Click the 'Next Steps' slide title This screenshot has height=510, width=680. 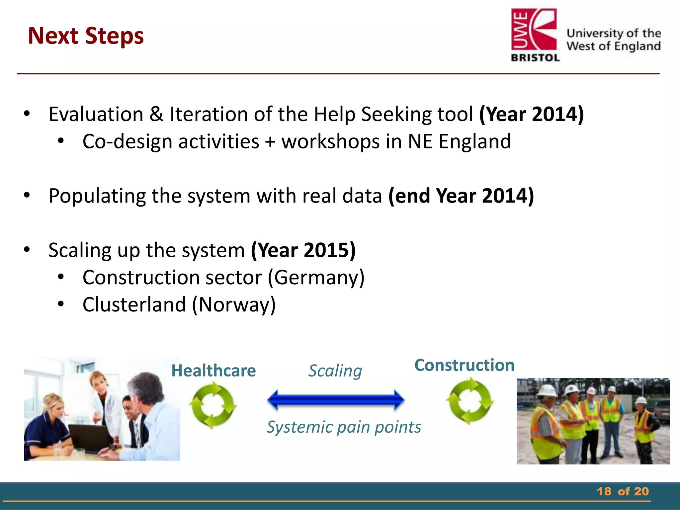coord(86,36)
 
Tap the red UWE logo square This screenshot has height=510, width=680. coord(534,30)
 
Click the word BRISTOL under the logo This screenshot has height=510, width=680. coord(535,58)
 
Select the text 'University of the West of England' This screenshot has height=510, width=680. coord(614,40)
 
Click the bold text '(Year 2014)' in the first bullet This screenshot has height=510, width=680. coord(531,114)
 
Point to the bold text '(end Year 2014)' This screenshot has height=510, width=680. coord(461,196)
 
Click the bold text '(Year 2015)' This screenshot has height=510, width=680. coord(303,250)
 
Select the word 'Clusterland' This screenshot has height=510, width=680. coord(134,305)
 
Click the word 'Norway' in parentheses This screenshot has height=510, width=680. coord(234,305)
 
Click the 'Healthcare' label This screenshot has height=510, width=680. coord(213,371)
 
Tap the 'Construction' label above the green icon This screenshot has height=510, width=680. coord(465,365)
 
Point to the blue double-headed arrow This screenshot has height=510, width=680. coord(336,400)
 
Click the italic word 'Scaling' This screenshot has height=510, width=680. coord(335,371)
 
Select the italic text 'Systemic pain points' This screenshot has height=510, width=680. coord(344,427)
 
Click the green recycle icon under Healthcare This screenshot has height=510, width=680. coord(213,405)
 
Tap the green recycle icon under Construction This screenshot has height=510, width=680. coord(470,401)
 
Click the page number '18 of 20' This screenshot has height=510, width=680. coord(623,491)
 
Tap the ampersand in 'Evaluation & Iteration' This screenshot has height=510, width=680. coord(156,114)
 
